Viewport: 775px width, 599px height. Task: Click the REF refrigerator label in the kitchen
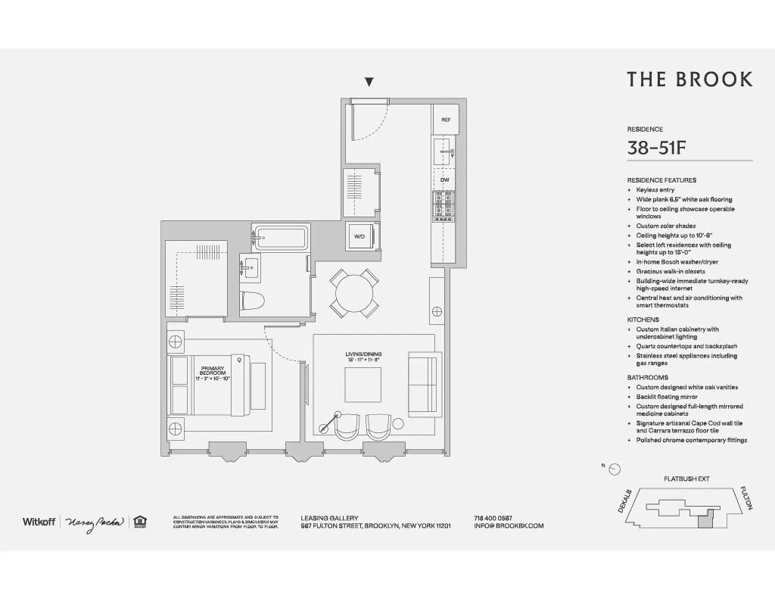click(x=446, y=120)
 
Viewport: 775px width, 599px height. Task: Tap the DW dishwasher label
click(x=445, y=179)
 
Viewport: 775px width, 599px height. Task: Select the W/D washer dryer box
click(x=360, y=236)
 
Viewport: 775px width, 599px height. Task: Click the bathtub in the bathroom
click(x=280, y=238)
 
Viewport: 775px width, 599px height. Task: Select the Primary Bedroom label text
click(x=213, y=373)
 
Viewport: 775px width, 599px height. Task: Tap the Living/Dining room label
click(x=362, y=356)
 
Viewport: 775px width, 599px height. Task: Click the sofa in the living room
click(x=422, y=384)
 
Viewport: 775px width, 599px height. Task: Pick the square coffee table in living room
click(x=368, y=385)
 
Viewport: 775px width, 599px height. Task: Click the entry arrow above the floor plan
click(x=369, y=82)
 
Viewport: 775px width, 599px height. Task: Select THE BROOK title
click(x=689, y=80)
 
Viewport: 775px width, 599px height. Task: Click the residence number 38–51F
click(x=656, y=148)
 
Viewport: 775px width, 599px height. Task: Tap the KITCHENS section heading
click(x=643, y=320)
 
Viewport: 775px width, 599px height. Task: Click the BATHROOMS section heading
click(x=647, y=377)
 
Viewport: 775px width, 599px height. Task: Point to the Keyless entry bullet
click(x=655, y=190)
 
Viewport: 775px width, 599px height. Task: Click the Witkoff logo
click(x=39, y=522)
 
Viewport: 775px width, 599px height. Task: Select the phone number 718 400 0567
click(x=493, y=517)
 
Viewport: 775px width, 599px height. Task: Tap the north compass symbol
click(x=615, y=469)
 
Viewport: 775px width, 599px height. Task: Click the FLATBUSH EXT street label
click(x=686, y=479)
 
